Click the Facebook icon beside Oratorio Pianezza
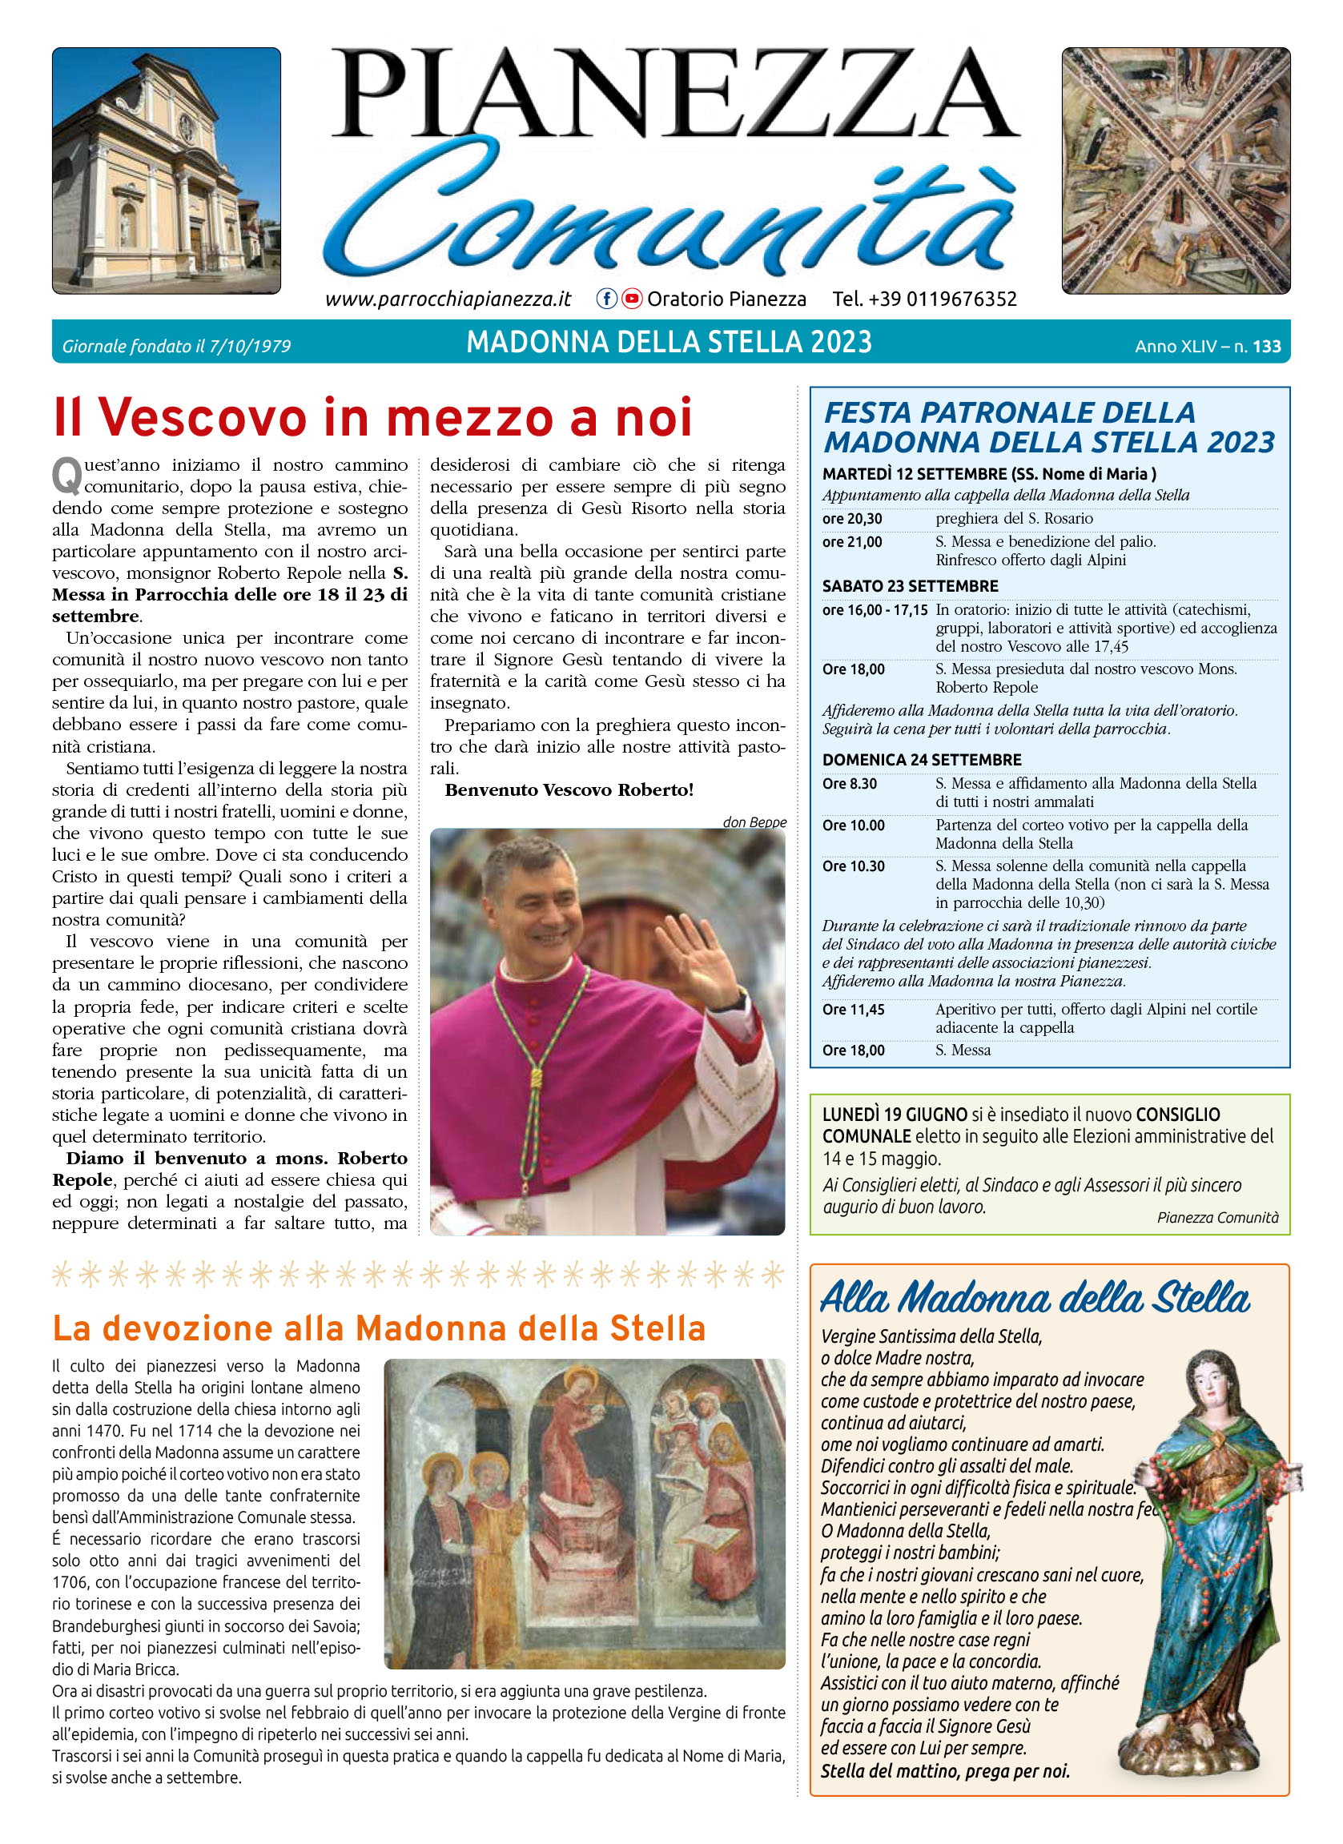605,299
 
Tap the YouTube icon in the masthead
632,299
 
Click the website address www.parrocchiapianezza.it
448,299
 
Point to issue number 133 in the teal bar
1267,347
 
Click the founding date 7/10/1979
250,347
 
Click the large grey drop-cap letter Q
66,475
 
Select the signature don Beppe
754,822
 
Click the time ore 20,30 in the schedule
852,519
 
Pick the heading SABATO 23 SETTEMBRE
910,585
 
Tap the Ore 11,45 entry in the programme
854,1009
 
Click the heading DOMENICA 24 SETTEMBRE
922,759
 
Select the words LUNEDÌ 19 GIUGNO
895,1115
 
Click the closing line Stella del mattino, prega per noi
945,1771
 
